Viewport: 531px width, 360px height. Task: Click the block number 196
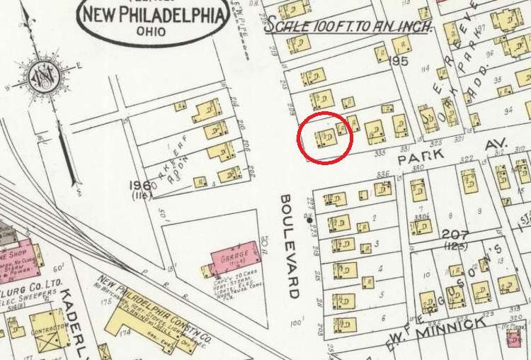tap(140, 186)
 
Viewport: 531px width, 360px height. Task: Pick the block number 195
tap(400, 62)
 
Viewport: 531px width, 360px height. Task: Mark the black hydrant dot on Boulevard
tap(309, 220)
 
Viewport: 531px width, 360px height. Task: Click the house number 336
tap(383, 174)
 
